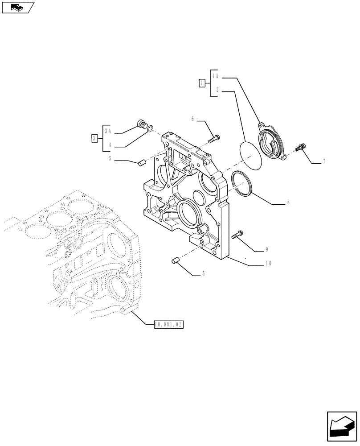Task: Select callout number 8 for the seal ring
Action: [288, 202]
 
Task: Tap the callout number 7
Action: [324, 161]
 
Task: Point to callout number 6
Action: [192, 119]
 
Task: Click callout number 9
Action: [267, 249]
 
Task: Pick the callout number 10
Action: [268, 263]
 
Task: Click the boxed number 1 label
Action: [202, 83]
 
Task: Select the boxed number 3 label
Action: [94, 138]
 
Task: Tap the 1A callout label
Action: [215, 76]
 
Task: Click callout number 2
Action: [217, 90]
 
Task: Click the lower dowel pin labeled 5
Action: [175, 260]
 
